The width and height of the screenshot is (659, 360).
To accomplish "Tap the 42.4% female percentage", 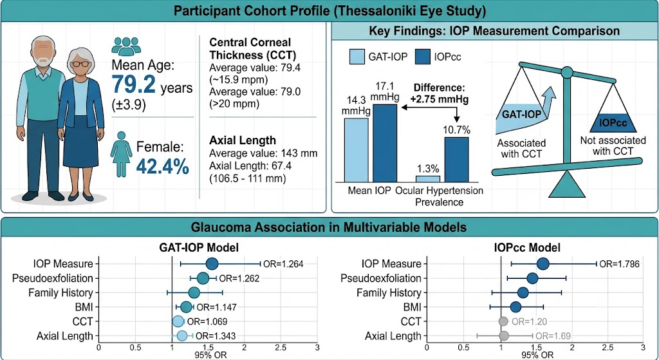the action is (x=163, y=166).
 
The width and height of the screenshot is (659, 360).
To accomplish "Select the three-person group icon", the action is (x=125, y=46).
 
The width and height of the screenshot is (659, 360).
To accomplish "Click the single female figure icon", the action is (x=121, y=154).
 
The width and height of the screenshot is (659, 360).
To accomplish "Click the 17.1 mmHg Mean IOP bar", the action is (x=385, y=143).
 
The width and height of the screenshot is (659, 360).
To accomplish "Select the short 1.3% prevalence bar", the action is (x=428, y=179).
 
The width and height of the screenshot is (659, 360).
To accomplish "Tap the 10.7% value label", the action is (x=457, y=130).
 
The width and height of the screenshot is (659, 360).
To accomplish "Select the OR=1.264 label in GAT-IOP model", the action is (x=283, y=264).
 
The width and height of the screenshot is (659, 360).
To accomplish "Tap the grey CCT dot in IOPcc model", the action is (x=503, y=322).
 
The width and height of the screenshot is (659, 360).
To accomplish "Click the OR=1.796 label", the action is (x=620, y=264).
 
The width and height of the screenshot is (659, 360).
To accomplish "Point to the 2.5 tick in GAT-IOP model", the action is (x=281, y=348).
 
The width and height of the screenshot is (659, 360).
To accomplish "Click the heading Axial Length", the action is (x=237, y=140).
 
